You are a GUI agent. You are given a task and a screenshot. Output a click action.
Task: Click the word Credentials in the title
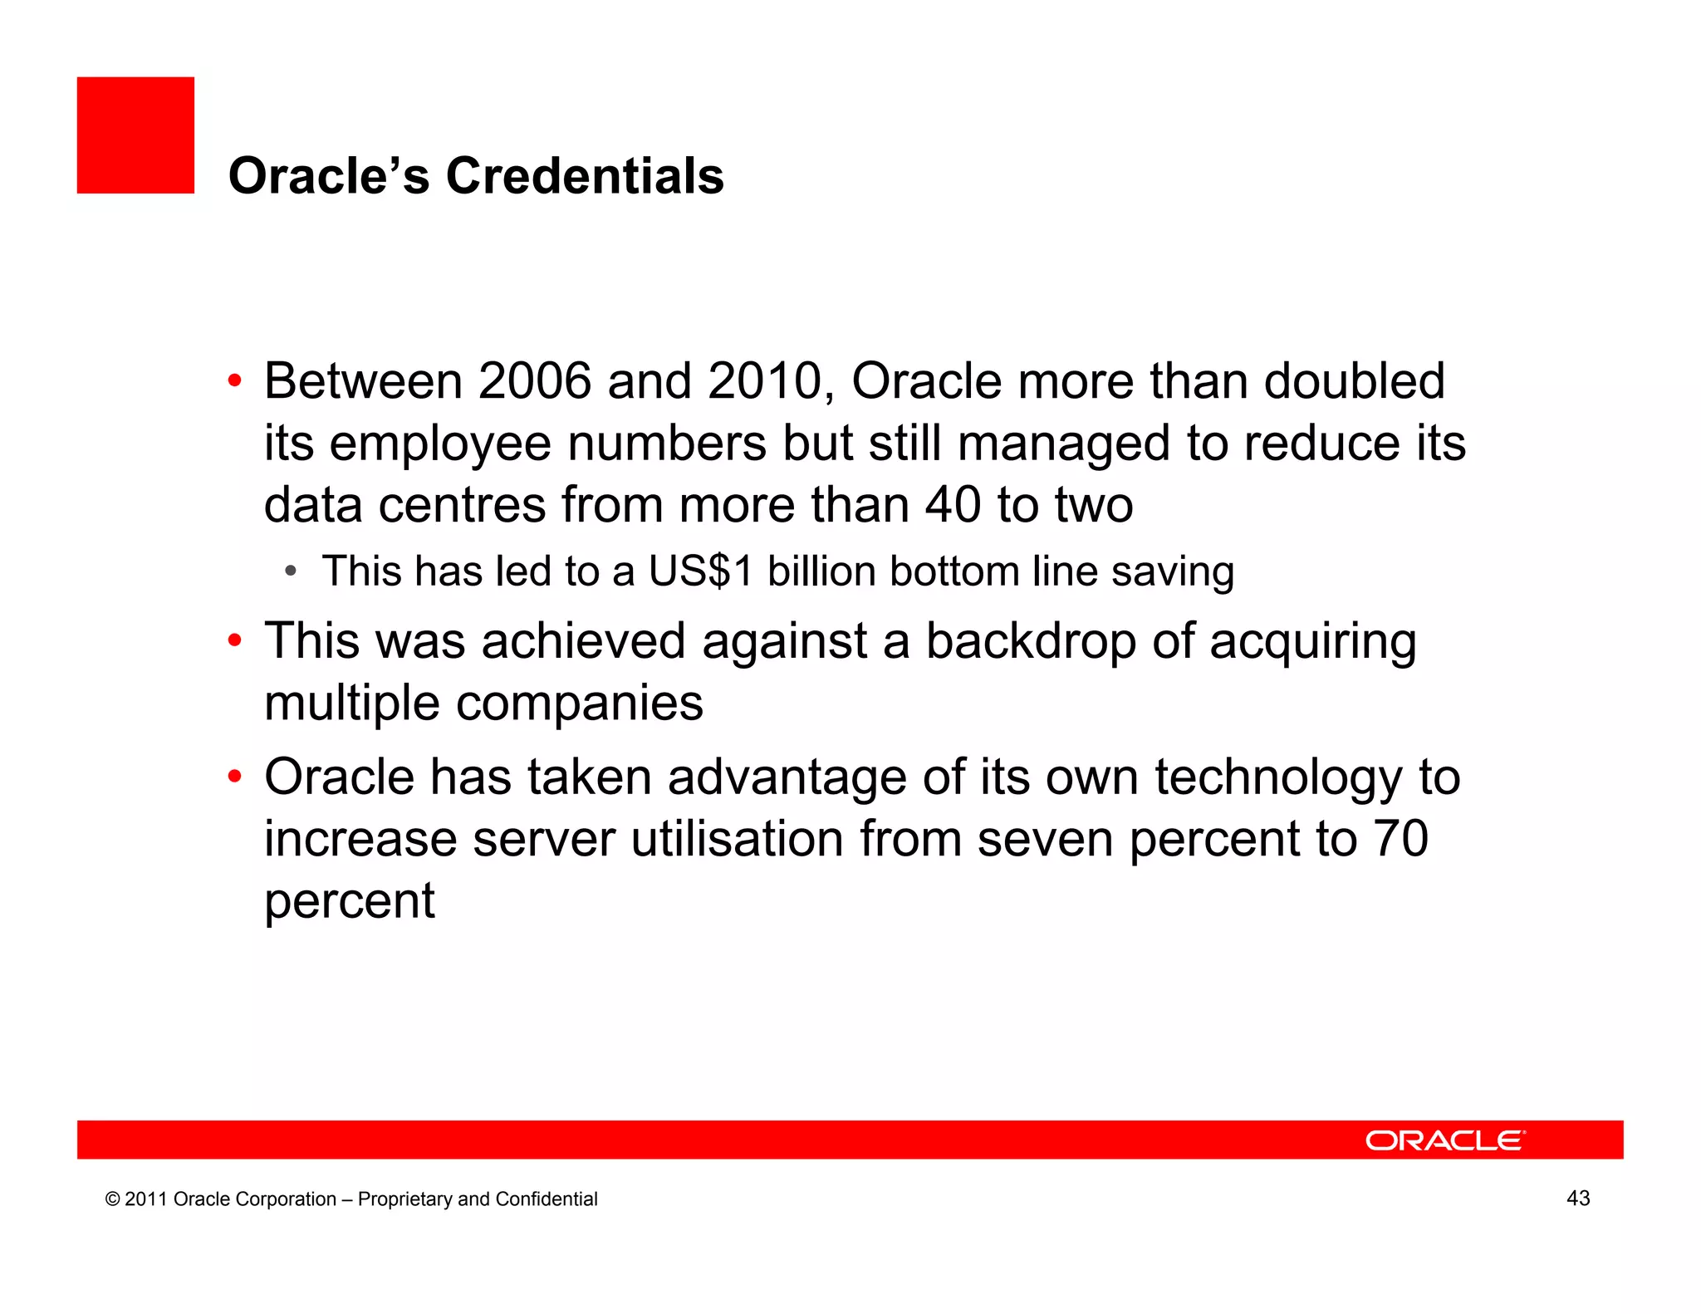tap(585, 176)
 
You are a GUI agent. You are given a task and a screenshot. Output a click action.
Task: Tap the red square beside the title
tap(135, 135)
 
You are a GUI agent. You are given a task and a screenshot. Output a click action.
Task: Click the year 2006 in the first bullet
tap(534, 381)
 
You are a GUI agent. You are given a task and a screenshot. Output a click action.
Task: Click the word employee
tap(440, 444)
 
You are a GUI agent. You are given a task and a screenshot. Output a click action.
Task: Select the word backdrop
tap(1030, 641)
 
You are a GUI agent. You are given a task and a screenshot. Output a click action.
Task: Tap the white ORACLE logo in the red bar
tap(1445, 1140)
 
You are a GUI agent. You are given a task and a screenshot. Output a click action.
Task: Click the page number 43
tap(1578, 1198)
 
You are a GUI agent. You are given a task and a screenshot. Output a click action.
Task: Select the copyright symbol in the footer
tap(112, 1199)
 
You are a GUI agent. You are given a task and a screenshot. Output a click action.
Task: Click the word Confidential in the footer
tap(546, 1199)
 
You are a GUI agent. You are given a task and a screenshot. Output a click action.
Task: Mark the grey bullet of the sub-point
tap(290, 571)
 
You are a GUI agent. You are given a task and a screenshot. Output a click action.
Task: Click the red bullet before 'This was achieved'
tap(235, 641)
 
